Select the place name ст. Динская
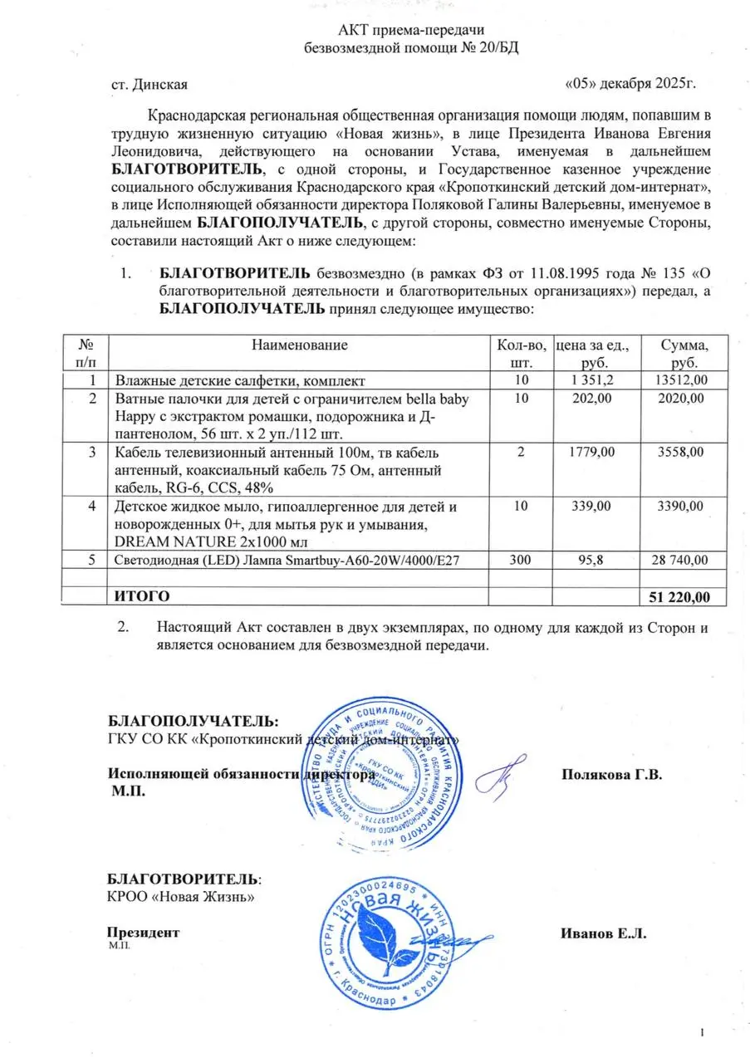click(x=150, y=85)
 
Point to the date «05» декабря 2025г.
click(x=629, y=85)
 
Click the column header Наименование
click(x=300, y=345)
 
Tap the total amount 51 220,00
click(x=679, y=596)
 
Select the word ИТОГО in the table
click(x=142, y=596)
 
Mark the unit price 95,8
click(x=592, y=561)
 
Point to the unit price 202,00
click(x=592, y=398)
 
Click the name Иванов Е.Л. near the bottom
click(x=604, y=933)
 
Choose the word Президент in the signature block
click(x=144, y=933)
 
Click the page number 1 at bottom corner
click(x=703, y=1032)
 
